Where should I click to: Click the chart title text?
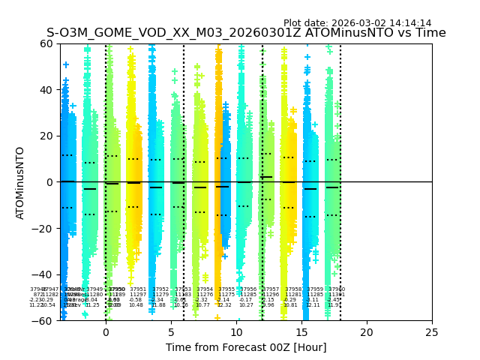click(246, 33)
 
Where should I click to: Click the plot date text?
click(357, 23)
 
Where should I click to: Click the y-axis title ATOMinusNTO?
click(21, 182)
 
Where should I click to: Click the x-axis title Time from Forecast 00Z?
click(246, 347)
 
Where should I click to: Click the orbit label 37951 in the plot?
click(138, 289)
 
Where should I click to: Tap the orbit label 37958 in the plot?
click(293, 289)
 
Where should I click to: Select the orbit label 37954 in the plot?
click(205, 289)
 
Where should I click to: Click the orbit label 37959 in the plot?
click(315, 289)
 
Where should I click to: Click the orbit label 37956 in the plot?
click(248, 289)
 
